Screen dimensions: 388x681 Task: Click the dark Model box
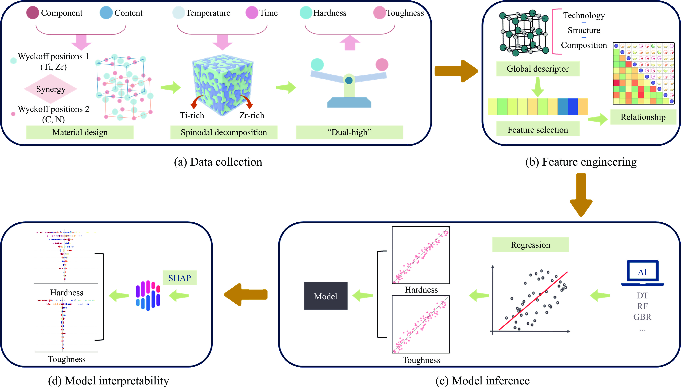pos(326,296)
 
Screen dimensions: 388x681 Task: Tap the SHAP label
pos(180,278)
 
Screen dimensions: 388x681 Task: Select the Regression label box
pos(530,245)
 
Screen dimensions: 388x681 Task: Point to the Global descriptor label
pos(538,69)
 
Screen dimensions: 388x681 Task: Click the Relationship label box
pos(643,117)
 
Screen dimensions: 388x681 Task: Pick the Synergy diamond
pos(51,89)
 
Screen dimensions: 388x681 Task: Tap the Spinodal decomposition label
pos(224,132)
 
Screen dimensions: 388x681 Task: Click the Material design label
pos(80,132)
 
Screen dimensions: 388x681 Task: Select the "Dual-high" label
pos(349,132)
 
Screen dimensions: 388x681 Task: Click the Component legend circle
pos(33,13)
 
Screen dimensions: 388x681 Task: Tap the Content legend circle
pos(106,13)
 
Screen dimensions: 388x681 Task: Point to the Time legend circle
pos(252,13)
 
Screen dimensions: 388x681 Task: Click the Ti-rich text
pos(192,115)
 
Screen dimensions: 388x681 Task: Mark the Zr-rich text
pos(252,115)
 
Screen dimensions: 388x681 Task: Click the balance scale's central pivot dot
pos(349,80)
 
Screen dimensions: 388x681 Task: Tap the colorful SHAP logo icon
pos(148,295)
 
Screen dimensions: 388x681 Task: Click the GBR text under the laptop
pos(642,317)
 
